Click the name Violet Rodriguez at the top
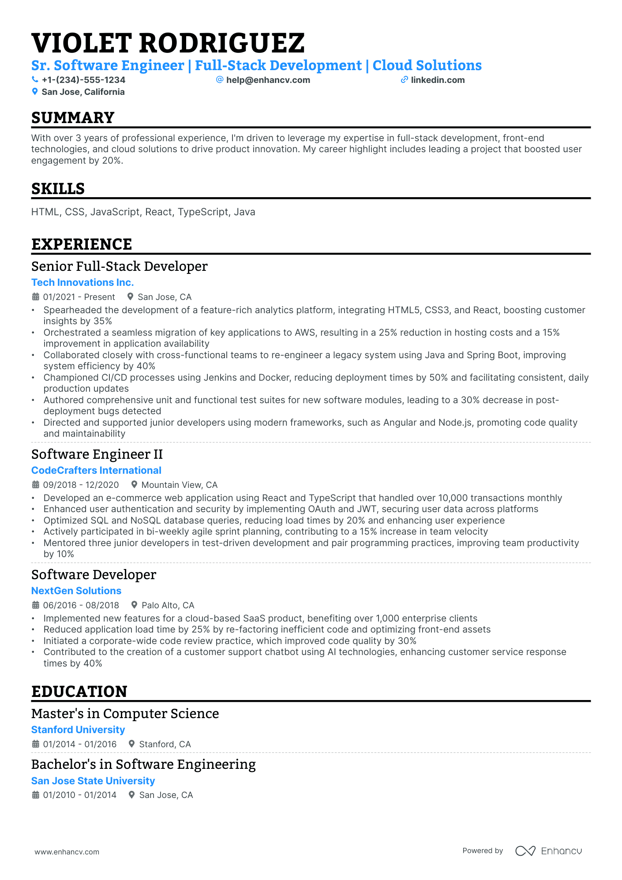click(168, 43)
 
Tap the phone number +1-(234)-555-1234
click(83, 80)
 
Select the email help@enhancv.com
click(268, 80)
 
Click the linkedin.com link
click(438, 80)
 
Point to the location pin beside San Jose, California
click(35, 92)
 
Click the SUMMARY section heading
click(73, 118)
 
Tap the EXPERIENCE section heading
click(82, 244)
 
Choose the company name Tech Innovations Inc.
click(82, 282)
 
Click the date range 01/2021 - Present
click(79, 297)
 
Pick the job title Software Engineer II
click(97, 454)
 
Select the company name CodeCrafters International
click(96, 470)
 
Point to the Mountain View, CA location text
click(179, 485)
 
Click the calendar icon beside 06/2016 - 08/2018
click(36, 605)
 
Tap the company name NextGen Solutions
click(76, 591)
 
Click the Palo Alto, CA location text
click(168, 605)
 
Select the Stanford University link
click(78, 730)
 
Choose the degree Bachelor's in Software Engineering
click(143, 764)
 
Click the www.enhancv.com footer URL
click(67, 852)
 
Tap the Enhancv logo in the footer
click(548, 851)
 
